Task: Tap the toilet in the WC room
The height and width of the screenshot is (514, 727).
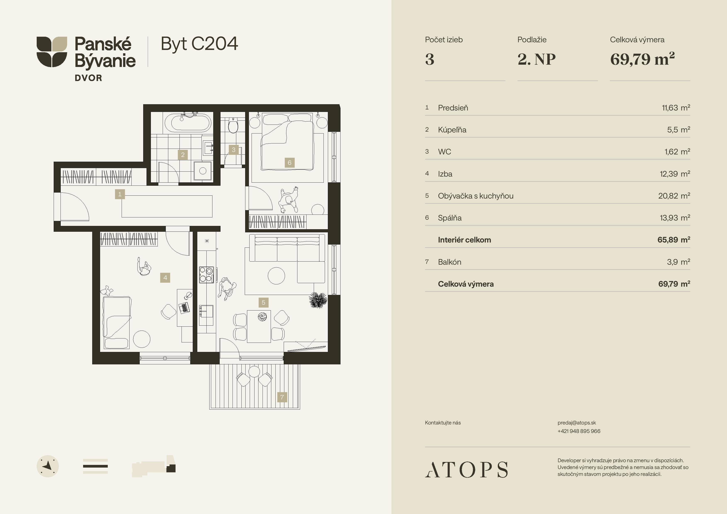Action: click(x=233, y=125)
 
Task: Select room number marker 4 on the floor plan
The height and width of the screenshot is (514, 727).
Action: click(x=165, y=278)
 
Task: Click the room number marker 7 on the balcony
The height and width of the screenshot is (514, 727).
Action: click(x=282, y=397)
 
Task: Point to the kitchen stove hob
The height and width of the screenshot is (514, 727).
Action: click(x=206, y=275)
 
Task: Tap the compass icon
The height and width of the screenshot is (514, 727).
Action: click(x=48, y=466)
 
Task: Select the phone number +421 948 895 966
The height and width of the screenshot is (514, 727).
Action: click(x=579, y=431)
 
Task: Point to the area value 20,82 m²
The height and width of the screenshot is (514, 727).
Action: click(x=674, y=196)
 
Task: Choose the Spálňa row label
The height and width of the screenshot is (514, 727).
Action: click(x=450, y=218)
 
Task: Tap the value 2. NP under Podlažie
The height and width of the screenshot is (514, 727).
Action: click(x=536, y=59)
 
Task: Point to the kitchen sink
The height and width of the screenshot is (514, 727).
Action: click(x=206, y=311)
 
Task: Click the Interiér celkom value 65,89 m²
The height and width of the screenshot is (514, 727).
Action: click(x=674, y=240)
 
